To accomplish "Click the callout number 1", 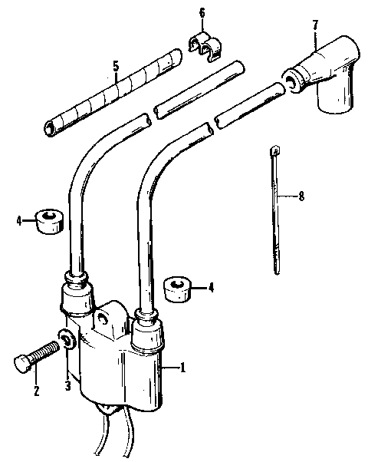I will pos(183,368).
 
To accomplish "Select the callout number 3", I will pos(67,386).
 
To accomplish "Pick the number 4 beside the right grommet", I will pos(212,289).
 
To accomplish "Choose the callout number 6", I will pos(202,13).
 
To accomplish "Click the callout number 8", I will pos(301,196).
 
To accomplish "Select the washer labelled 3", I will pos(67,339).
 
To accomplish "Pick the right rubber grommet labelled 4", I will pos(177,291).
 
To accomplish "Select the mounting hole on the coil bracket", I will pos(102,317).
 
